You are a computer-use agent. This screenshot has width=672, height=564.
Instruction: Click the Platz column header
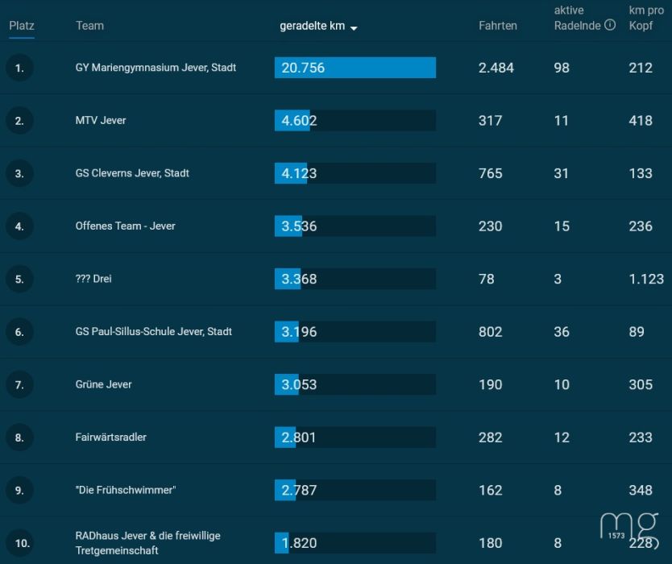22,26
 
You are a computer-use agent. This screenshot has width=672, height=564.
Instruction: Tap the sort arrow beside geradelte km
354,28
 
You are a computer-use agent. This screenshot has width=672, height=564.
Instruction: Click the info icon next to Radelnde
610,25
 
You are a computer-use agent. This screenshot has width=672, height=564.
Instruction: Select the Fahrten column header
498,26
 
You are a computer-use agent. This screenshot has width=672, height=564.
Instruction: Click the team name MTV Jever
101,120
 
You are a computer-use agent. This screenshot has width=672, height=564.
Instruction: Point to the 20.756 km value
303,68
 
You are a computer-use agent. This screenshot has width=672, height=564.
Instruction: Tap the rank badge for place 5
19,279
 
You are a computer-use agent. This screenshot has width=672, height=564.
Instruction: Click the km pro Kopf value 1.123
646,279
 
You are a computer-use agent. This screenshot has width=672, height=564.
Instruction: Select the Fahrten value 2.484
496,68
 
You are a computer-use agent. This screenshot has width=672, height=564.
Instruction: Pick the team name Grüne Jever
103,384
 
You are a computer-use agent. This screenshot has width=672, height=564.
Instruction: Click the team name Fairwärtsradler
111,438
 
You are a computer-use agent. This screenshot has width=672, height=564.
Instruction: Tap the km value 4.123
299,173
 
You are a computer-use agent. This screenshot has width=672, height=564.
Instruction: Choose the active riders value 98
562,68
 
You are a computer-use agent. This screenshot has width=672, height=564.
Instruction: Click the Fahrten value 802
490,332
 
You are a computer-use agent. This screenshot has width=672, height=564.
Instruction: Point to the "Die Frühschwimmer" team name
126,490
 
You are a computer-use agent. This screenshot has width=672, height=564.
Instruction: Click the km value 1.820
299,543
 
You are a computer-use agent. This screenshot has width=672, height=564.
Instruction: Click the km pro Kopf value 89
637,332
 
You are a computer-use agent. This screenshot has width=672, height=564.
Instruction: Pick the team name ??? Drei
93,279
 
